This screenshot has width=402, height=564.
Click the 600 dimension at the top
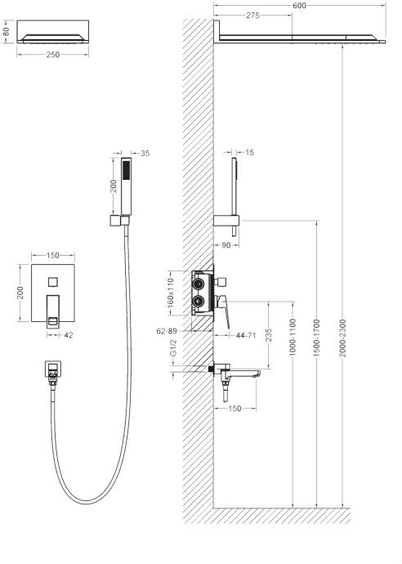point(299,6)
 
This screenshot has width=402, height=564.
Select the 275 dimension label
point(252,16)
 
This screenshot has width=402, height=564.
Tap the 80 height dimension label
point(6,32)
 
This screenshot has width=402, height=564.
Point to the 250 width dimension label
point(53,55)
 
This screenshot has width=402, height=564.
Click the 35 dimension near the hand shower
point(145,153)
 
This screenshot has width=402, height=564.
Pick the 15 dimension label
point(249,153)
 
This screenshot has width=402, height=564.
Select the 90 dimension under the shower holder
point(226,245)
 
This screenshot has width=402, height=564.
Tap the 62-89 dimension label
point(167,331)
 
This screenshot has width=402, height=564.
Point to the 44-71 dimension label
point(246,336)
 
